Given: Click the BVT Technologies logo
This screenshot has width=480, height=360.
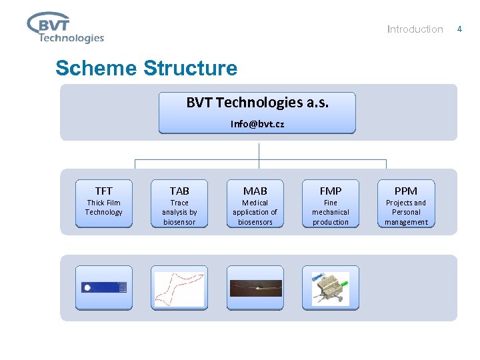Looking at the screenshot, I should click(65, 27).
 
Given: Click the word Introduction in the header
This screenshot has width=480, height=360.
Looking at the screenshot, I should click(415, 29).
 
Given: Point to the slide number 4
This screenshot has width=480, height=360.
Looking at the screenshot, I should click(459, 29).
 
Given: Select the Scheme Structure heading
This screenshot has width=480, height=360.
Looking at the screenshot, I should click(146, 68).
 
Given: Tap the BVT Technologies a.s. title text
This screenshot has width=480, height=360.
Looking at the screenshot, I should click(257, 102).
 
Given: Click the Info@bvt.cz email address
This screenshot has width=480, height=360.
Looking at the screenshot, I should click(257, 124).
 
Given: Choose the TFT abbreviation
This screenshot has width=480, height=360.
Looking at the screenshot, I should click(103, 191).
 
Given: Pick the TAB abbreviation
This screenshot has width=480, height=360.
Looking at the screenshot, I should click(179, 191).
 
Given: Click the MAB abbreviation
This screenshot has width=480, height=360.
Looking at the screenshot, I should click(255, 191).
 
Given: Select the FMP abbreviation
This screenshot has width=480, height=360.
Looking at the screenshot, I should click(331, 191).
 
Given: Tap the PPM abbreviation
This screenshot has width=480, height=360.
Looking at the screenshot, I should click(406, 191).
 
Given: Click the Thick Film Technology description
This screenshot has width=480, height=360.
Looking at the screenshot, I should click(103, 207).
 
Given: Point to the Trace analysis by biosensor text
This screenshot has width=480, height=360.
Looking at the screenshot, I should click(179, 212).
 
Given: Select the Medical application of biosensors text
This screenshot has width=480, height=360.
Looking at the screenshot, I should click(255, 212).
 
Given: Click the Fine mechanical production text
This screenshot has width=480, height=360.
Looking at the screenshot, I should click(331, 212).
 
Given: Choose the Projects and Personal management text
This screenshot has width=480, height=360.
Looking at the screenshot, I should click(406, 212).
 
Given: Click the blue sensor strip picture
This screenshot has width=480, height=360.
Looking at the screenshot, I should click(104, 287).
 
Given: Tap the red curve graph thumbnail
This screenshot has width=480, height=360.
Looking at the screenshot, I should click(179, 288).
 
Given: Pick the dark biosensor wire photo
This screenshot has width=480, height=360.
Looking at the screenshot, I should click(255, 288).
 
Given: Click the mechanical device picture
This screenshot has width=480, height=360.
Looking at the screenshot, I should click(331, 288).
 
